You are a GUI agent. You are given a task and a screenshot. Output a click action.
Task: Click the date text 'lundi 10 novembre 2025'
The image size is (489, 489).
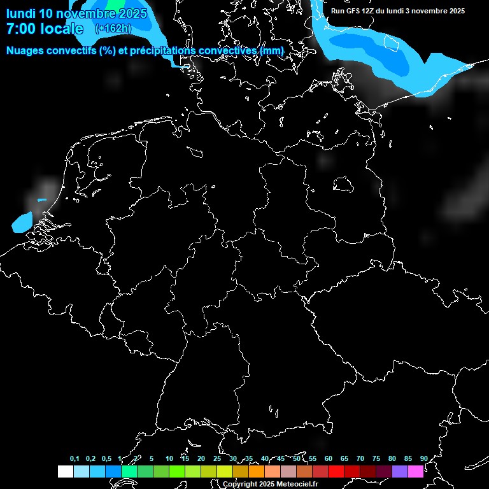(x=76, y=13)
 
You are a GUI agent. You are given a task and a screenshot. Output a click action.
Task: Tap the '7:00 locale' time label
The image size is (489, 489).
(x=45, y=29)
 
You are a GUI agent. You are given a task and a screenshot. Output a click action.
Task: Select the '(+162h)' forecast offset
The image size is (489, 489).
(x=113, y=29)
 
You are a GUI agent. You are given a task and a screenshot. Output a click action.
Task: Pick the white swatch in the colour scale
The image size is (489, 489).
(x=65, y=472)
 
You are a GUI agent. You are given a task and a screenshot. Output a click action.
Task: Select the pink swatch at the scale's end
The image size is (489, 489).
(x=415, y=472)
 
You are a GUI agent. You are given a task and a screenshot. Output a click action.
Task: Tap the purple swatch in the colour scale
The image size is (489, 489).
(x=399, y=472)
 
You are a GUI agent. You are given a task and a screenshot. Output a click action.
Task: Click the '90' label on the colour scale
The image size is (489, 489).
(x=424, y=459)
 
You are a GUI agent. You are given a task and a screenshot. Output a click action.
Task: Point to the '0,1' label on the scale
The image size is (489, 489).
(x=74, y=459)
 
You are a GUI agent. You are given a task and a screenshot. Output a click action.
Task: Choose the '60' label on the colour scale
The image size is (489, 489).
(x=329, y=459)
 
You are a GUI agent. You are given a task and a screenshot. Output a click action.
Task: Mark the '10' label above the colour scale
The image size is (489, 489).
(x=169, y=459)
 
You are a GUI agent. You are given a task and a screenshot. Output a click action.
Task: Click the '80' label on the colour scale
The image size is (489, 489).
(x=392, y=459)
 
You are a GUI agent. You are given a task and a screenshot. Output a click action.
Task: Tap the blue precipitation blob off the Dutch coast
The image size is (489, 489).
(x=22, y=222)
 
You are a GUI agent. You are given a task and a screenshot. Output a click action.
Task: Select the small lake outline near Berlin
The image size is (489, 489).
(x=343, y=185)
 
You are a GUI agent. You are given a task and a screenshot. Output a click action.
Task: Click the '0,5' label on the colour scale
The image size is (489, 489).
(x=106, y=459)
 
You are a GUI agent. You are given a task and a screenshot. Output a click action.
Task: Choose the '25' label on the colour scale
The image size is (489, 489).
(x=217, y=459)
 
